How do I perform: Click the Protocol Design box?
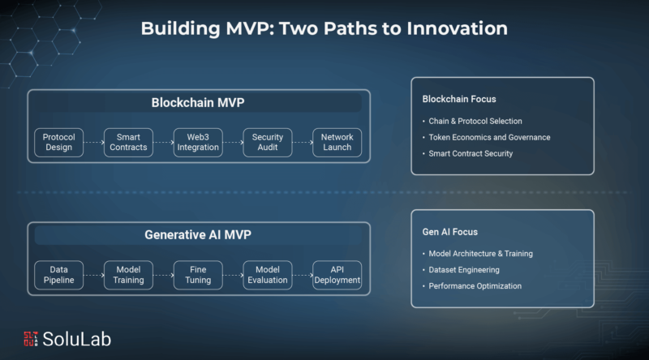[x=58, y=143]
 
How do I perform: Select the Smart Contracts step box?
[x=128, y=143]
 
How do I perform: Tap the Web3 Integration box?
[x=198, y=143]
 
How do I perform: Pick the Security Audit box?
[x=268, y=143]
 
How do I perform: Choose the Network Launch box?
[x=337, y=143]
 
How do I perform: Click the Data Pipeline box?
[x=58, y=275]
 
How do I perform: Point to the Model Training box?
[x=128, y=275]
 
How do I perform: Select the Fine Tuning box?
[x=198, y=275]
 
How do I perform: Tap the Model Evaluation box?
[x=268, y=275]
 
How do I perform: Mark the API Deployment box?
[x=337, y=275]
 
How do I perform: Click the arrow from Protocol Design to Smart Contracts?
[x=94, y=143]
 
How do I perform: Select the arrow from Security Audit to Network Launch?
[x=303, y=143]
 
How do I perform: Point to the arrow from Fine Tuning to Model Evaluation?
[x=233, y=275]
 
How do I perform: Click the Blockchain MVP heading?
[x=198, y=103]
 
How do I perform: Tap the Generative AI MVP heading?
[x=198, y=235]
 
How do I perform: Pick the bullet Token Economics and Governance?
[x=489, y=137]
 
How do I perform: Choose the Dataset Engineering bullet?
[x=464, y=270]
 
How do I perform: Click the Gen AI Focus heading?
[x=450, y=232]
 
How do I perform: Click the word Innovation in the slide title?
[x=457, y=28]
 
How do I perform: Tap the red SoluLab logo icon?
[x=31, y=339]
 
